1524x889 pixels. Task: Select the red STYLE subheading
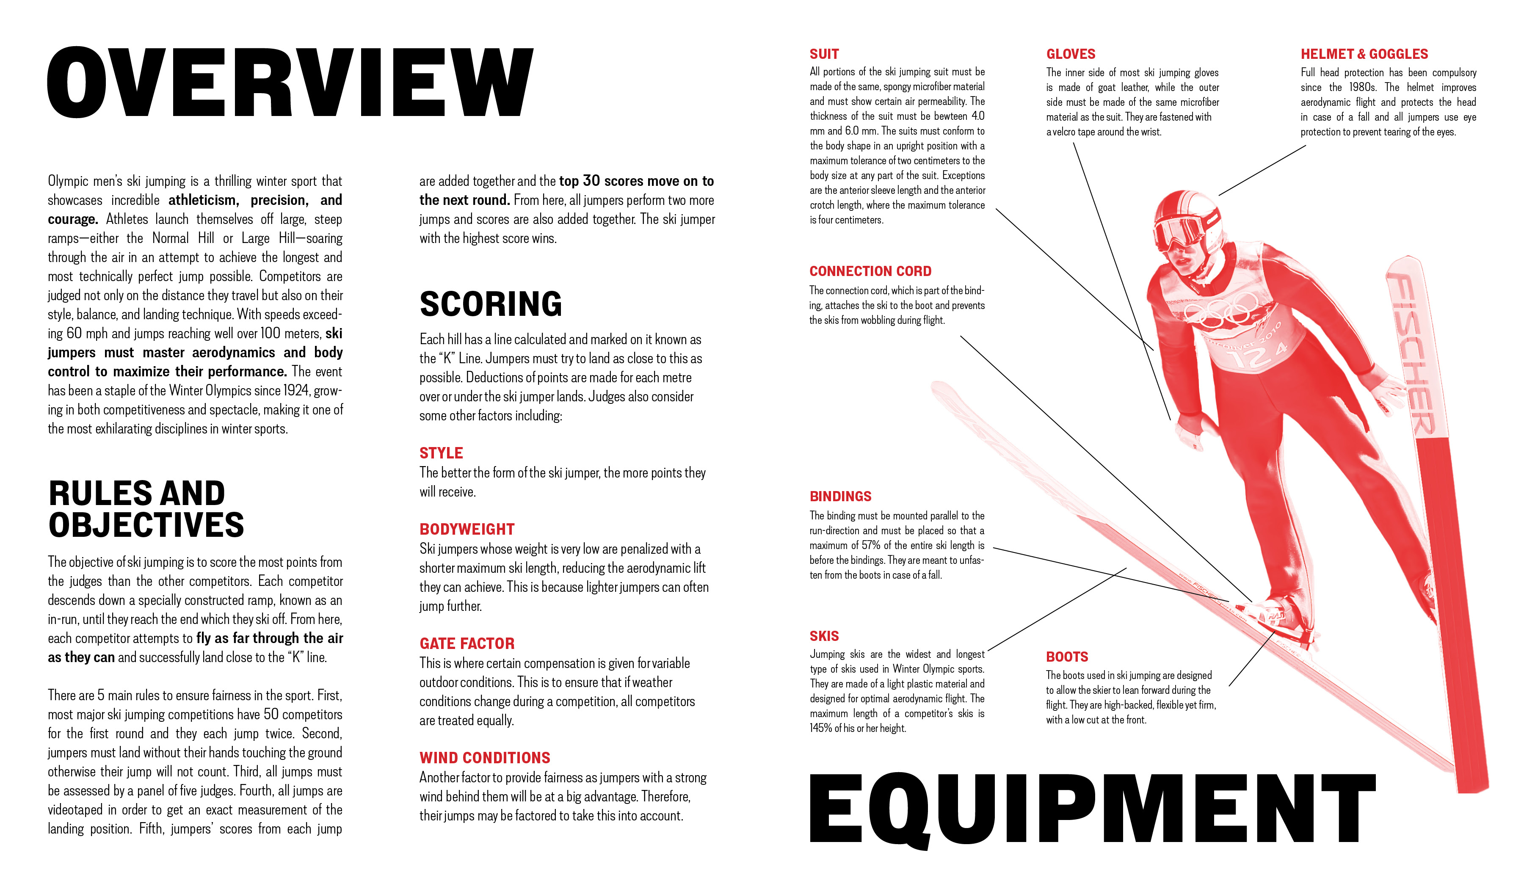coord(441,453)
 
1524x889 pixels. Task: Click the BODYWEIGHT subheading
coord(467,529)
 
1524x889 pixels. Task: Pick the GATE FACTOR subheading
coord(467,643)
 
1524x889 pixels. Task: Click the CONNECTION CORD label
coord(870,271)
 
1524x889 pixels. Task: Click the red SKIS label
coord(824,636)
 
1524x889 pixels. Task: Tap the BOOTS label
coord(1067,657)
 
